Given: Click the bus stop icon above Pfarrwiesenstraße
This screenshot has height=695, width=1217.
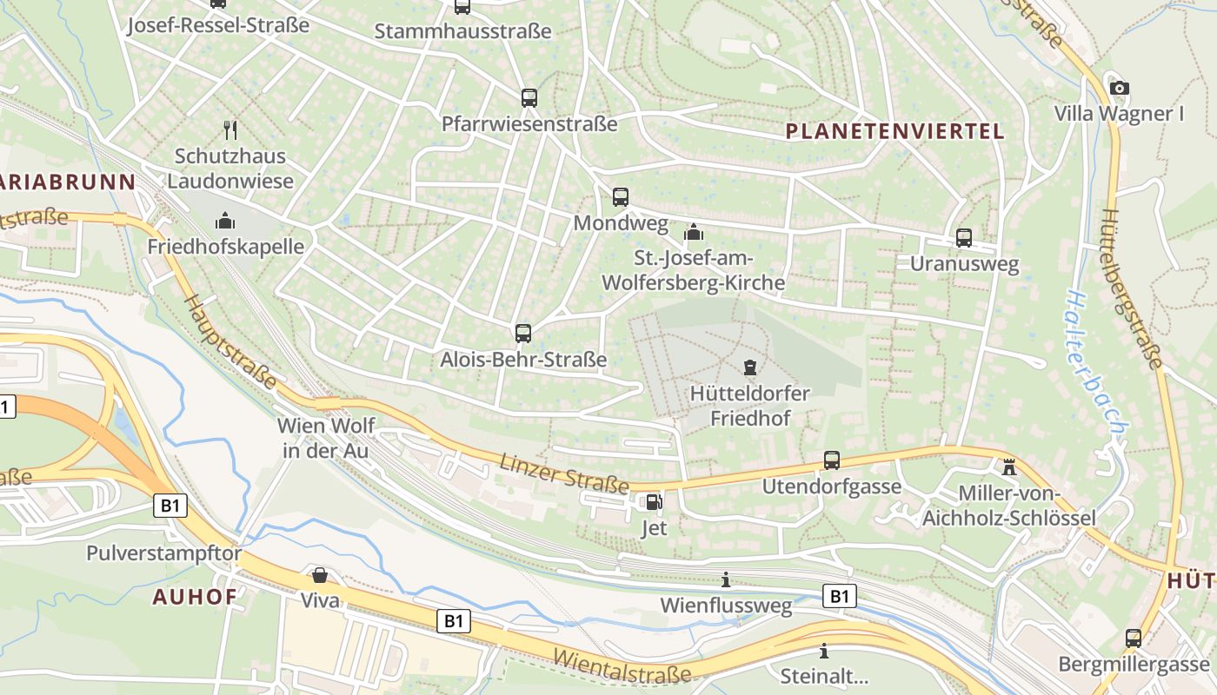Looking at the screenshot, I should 529,98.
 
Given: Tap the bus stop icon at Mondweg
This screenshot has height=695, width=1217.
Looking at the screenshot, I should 620,197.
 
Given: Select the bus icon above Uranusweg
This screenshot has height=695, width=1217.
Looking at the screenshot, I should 963,238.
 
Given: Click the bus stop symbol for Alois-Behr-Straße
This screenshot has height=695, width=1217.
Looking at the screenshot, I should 522,334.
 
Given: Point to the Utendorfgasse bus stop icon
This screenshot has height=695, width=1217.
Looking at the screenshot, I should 831,460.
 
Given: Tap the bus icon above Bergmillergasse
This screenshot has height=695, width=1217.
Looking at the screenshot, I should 1133,639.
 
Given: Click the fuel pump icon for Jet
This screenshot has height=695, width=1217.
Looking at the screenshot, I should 653,501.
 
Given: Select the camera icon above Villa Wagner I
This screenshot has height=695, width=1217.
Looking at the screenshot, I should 1120,88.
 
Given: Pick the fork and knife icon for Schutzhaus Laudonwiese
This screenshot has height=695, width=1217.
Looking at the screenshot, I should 230,130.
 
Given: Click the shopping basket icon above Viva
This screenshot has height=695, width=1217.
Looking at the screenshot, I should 319,575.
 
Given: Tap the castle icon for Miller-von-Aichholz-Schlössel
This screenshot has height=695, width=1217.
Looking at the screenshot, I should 1008,467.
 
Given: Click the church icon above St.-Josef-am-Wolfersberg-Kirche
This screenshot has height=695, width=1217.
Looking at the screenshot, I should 693,232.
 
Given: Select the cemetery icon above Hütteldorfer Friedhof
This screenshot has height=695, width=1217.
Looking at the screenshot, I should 749,367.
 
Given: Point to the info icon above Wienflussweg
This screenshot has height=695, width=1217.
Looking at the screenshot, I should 726,579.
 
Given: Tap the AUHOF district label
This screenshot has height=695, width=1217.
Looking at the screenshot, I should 195,597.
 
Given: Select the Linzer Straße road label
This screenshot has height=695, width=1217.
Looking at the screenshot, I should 563,473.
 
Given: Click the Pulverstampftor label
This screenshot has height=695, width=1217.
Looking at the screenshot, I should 163,553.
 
